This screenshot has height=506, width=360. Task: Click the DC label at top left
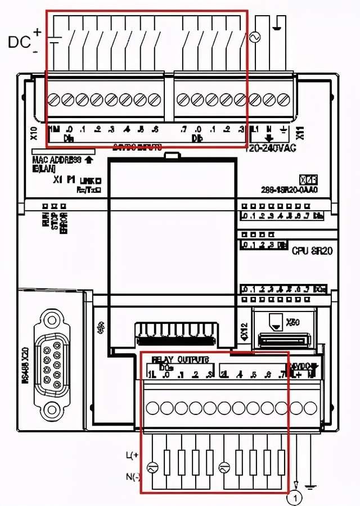click(19, 42)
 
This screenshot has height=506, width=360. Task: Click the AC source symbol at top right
click(254, 37)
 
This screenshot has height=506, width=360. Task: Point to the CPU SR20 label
click(312, 251)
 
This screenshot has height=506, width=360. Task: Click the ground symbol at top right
click(277, 26)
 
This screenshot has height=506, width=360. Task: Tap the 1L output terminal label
click(151, 374)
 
